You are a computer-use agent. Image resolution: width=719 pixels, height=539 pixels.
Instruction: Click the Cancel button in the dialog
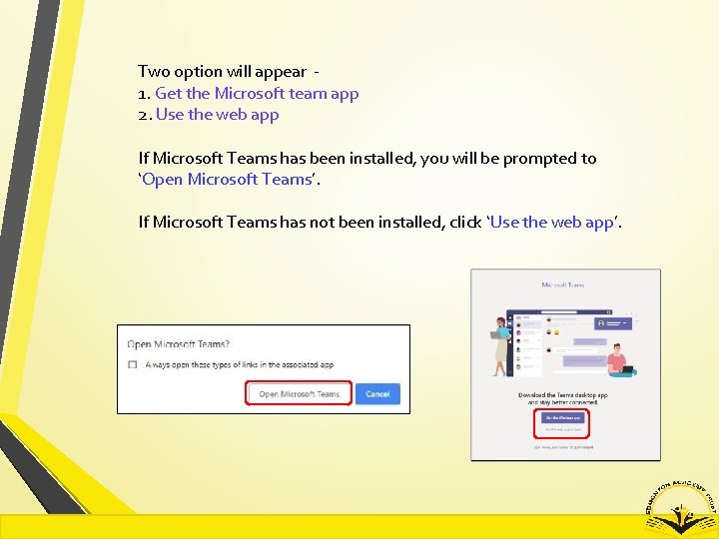pos(377,394)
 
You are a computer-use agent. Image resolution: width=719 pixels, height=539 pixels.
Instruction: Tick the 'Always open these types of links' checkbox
pos(133,365)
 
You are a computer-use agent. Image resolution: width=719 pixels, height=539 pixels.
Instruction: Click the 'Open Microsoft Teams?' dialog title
pos(178,344)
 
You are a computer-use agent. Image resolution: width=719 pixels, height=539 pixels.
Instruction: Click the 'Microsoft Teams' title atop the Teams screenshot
pos(564,284)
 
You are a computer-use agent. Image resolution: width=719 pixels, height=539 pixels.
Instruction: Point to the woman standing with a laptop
pos(498,344)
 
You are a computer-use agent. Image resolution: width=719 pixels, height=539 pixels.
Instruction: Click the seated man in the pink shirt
pos(618,359)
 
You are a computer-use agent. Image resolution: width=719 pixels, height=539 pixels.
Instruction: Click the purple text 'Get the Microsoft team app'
pos(257,93)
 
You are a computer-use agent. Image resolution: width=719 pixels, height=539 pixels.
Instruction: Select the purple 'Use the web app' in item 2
pos(217,114)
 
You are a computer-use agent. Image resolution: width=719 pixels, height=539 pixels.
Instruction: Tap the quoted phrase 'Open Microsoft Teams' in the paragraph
pos(227,179)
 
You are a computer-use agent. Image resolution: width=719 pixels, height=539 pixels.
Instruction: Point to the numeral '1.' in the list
pos(144,93)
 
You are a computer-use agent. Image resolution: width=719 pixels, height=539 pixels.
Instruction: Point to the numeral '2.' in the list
pos(145,114)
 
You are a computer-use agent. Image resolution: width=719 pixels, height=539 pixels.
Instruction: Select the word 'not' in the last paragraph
pos(349,222)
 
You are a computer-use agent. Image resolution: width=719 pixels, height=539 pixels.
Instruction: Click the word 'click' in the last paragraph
pos(464,222)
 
